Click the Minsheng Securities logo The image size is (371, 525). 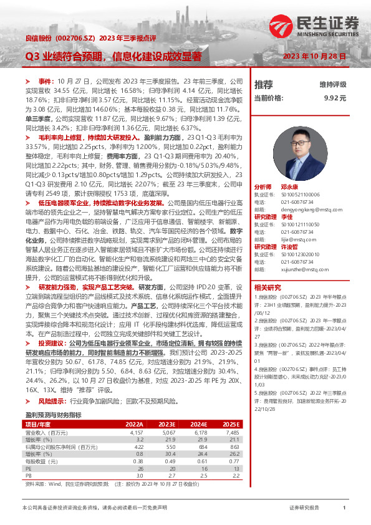(x=314, y=27)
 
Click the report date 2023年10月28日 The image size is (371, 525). (x=314, y=56)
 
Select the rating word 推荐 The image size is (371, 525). (x=264, y=84)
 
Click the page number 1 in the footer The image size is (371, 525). (x=344, y=508)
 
